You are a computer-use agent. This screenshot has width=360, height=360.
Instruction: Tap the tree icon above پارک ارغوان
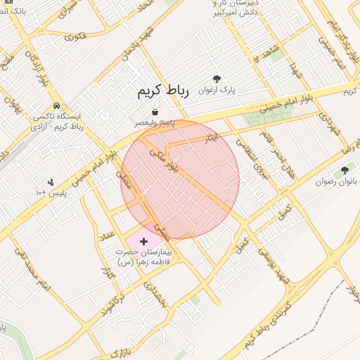[x=217, y=79]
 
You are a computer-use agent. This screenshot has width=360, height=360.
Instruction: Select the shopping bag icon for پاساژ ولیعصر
[x=155, y=112]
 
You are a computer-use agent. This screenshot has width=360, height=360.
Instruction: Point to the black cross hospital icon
[x=144, y=241]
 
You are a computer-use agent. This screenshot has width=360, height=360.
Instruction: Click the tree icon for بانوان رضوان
[x=345, y=169]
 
